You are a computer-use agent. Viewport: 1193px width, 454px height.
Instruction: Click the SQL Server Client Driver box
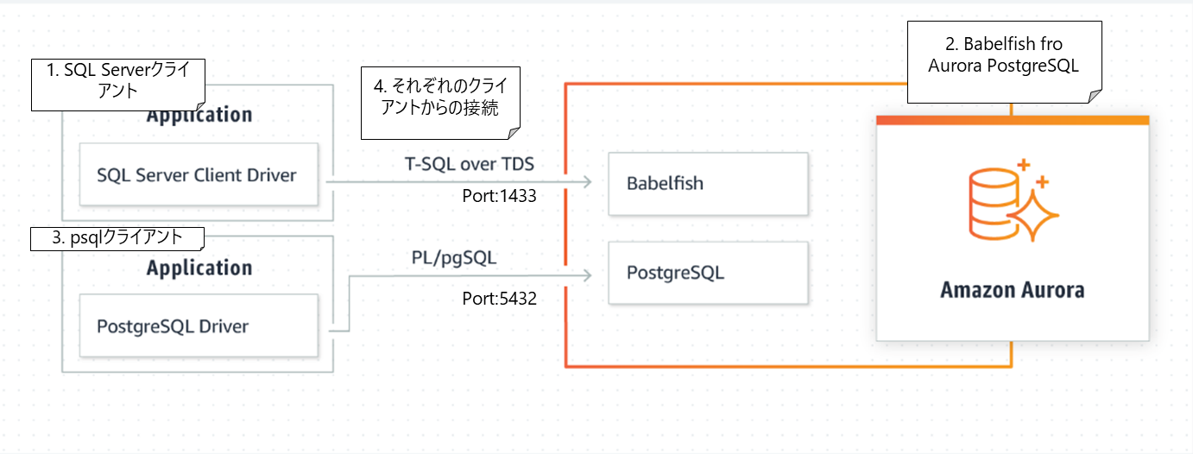click(198, 175)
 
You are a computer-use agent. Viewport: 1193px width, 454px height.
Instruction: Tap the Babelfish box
click(708, 184)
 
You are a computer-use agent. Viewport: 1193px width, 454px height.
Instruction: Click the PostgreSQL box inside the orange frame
click(708, 273)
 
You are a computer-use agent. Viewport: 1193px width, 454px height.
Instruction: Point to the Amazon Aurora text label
click(1012, 289)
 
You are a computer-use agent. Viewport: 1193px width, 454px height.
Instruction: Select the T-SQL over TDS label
click(469, 163)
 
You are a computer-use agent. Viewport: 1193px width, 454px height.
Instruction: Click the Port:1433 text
click(500, 196)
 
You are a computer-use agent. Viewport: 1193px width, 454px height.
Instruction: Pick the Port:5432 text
click(500, 300)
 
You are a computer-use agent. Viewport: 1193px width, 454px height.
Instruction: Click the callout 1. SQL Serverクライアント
click(118, 84)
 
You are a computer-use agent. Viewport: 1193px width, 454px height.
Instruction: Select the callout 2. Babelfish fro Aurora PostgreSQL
click(1005, 54)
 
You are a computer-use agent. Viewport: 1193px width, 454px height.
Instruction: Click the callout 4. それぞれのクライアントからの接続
click(441, 103)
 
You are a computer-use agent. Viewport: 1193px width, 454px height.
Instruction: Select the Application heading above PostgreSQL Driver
click(199, 268)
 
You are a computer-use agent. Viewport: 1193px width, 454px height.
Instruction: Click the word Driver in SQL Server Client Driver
click(268, 175)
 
